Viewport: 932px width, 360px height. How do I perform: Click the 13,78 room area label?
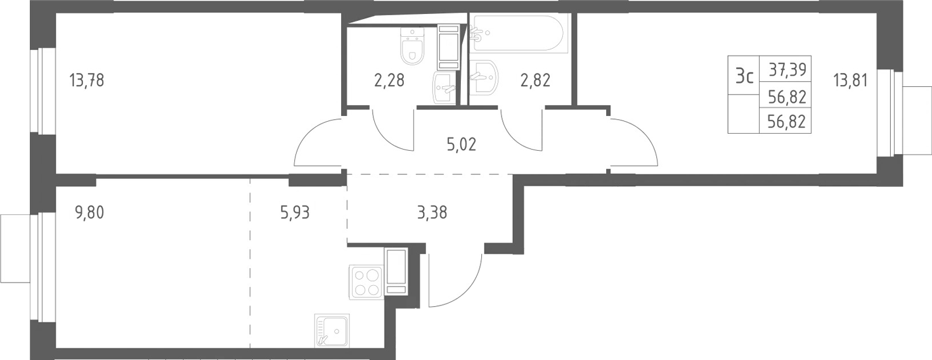coord(86,80)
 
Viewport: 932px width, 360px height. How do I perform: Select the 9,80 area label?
coord(89,213)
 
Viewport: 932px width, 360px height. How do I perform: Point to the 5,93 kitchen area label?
coord(295,213)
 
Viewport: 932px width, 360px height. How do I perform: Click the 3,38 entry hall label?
coord(432,213)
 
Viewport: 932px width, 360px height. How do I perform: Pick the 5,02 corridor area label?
coord(462,145)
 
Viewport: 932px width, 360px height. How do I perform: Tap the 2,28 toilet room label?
coord(389,80)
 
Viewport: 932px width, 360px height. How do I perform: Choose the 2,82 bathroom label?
coord(536,80)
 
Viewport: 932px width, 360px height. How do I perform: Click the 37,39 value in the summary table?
coord(787,69)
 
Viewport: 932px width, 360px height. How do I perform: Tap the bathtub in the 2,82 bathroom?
coord(519,33)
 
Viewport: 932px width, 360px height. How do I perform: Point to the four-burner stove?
coord(366,282)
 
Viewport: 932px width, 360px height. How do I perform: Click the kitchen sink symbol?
coord(332,330)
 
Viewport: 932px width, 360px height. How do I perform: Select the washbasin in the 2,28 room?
coord(445,87)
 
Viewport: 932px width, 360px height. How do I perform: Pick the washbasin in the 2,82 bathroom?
coord(484,77)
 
